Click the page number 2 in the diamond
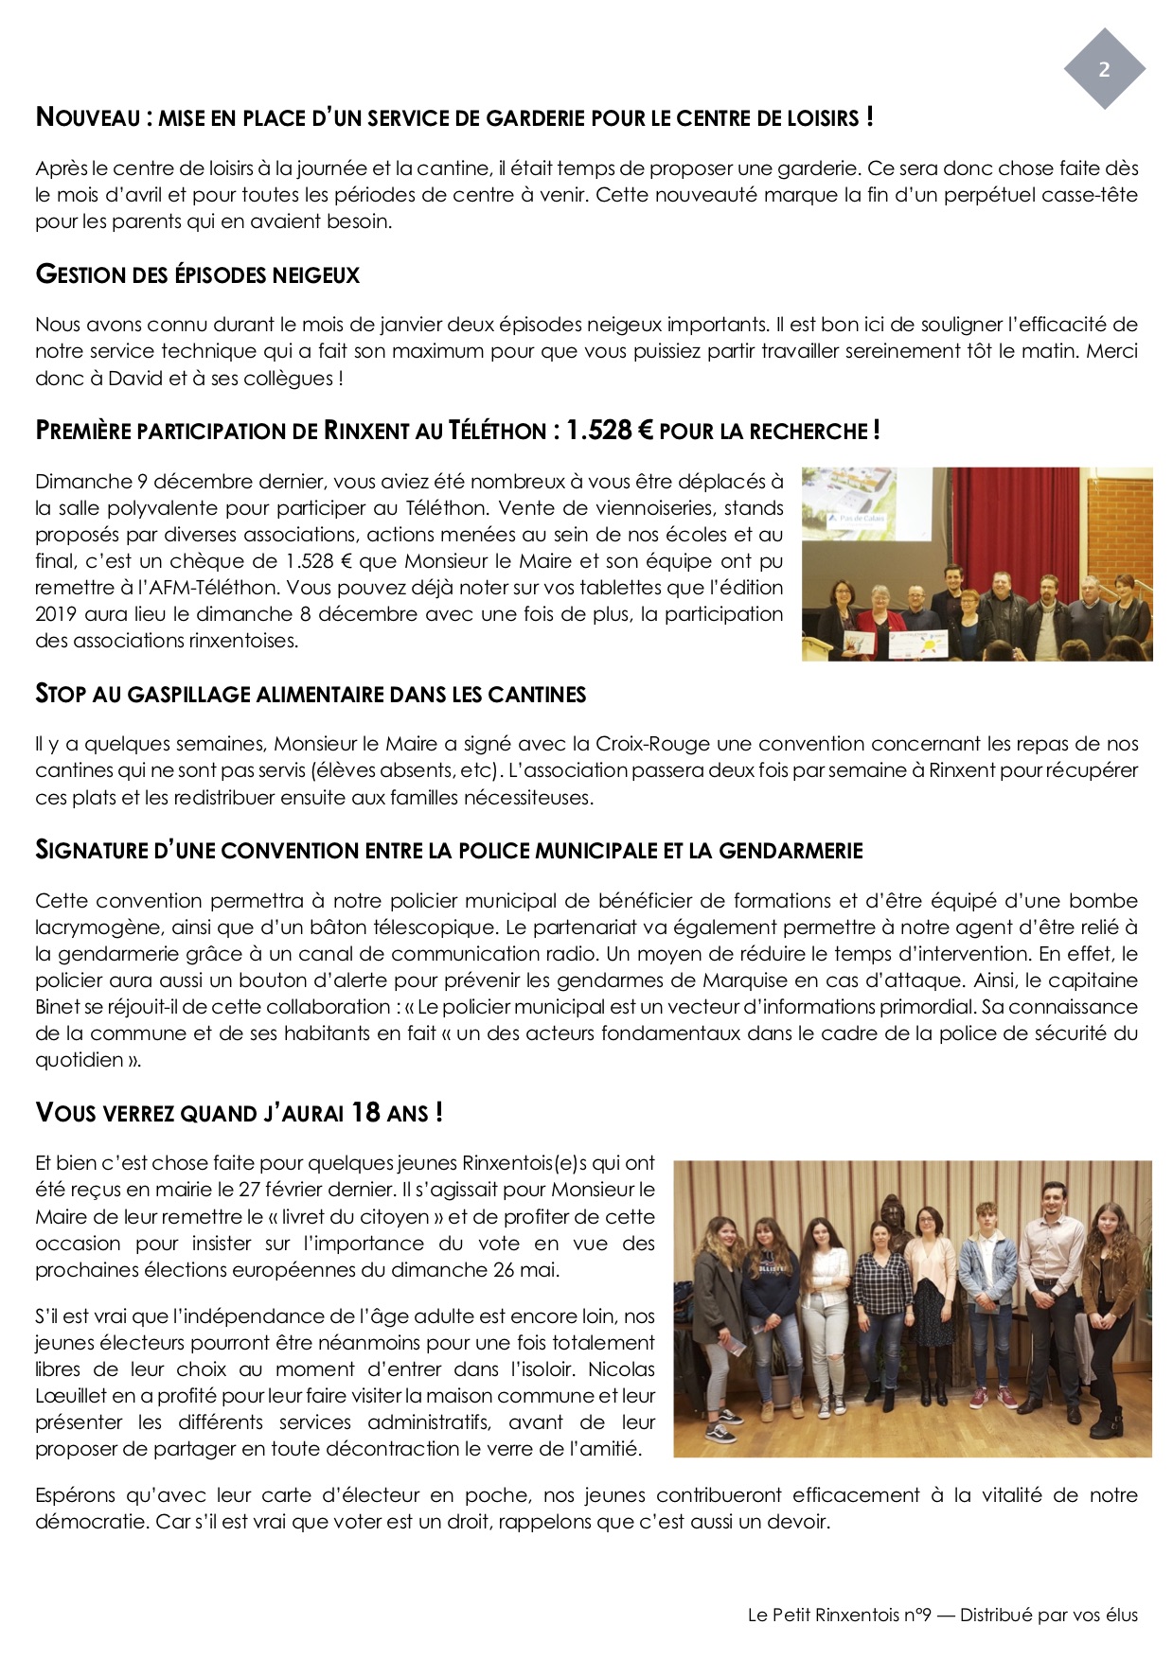(1104, 69)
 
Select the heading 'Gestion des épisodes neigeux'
(198, 275)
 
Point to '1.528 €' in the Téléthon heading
(609, 431)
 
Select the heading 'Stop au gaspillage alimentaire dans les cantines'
(311, 695)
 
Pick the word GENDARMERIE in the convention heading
(791, 851)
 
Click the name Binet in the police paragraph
(60, 1007)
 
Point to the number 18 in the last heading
(365, 1113)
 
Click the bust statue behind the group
(893, 1221)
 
